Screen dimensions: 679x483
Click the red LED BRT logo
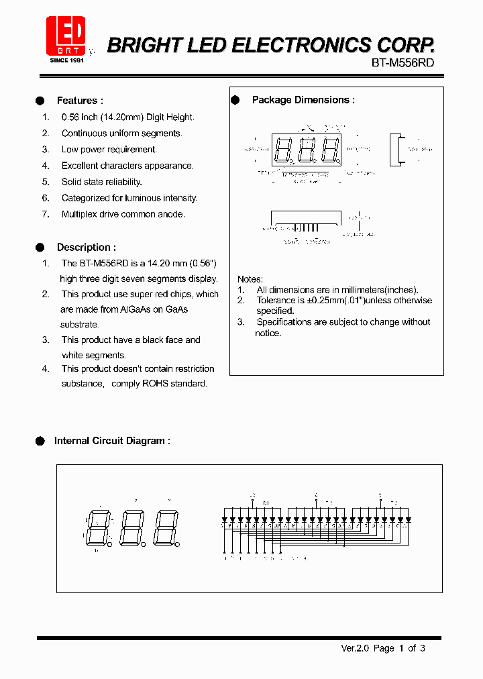(x=66, y=36)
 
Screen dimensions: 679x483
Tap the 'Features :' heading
(x=80, y=101)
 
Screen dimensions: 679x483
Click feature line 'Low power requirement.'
(x=109, y=150)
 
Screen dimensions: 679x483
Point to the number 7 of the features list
(x=46, y=215)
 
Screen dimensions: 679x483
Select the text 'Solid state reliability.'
(x=101, y=182)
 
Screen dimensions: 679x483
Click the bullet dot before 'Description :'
(x=40, y=248)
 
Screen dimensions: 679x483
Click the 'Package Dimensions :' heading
(x=303, y=100)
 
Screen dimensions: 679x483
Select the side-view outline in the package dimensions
(x=396, y=149)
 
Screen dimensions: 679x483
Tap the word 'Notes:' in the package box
(x=250, y=279)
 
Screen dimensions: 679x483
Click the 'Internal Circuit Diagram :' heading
(x=112, y=441)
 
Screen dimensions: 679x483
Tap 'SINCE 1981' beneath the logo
(x=66, y=60)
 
